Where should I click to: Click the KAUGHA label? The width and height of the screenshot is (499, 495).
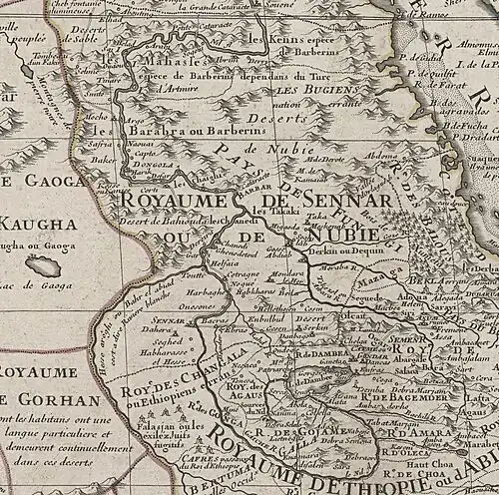40,224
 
